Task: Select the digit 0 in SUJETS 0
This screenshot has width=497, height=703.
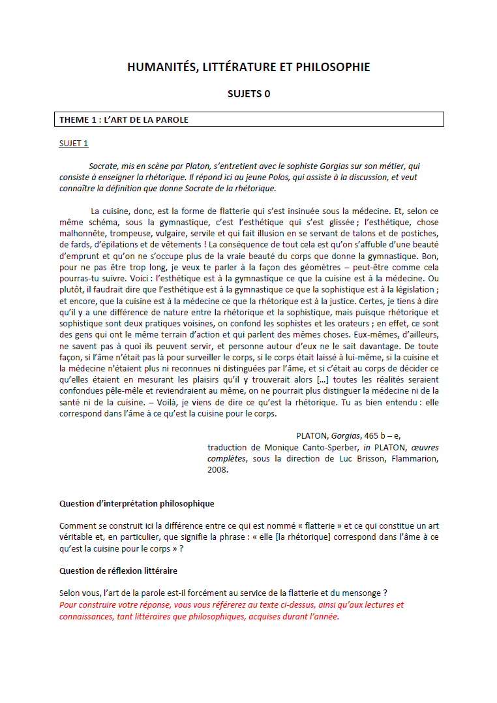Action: pyautogui.click(x=267, y=93)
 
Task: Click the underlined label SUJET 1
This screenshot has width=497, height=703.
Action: pyautogui.click(x=74, y=144)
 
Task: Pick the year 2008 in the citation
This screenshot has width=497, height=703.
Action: pyautogui.click(x=218, y=469)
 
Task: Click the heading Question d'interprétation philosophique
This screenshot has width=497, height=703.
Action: pyautogui.click(x=136, y=504)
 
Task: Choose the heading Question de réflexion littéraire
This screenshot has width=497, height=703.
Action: pyautogui.click(x=118, y=571)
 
